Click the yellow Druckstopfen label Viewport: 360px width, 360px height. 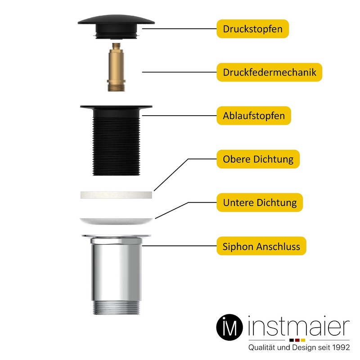point(252,30)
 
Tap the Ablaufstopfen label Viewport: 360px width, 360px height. point(254,116)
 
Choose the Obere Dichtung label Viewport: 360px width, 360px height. point(258,159)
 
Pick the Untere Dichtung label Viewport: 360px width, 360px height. point(260,202)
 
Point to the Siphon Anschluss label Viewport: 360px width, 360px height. point(261,246)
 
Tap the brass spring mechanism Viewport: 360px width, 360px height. point(115,70)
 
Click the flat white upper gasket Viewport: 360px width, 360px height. point(116,194)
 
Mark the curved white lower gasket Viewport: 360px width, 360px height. point(116,220)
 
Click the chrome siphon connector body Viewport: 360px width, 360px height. point(116,270)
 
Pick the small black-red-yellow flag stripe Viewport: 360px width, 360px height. point(297,340)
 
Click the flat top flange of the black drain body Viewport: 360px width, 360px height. point(116,108)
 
